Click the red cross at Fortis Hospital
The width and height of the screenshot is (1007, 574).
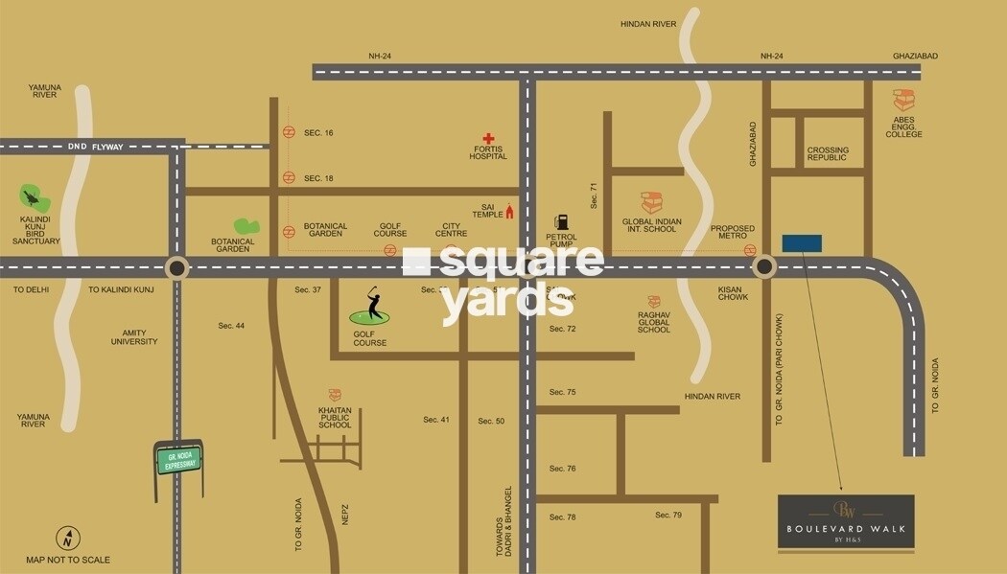click(x=488, y=139)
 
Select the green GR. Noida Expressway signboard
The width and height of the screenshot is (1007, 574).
click(x=178, y=460)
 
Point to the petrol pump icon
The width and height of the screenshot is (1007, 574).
click(x=561, y=222)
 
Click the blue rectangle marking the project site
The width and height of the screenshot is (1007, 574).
click(x=802, y=242)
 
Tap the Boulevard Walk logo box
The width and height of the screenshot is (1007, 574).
click(x=846, y=522)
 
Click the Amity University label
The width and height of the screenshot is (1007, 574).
click(x=133, y=337)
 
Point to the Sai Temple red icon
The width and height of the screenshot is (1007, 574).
click(x=509, y=212)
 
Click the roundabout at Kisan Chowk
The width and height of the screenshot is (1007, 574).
click(x=763, y=266)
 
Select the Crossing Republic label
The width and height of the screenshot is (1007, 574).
click(x=827, y=153)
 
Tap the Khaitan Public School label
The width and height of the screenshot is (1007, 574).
click(x=335, y=417)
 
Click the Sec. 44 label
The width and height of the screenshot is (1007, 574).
click(x=231, y=326)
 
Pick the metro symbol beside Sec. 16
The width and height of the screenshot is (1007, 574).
click(x=289, y=132)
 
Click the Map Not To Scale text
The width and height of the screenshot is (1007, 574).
click(x=68, y=560)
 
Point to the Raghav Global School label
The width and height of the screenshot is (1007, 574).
click(x=653, y=321)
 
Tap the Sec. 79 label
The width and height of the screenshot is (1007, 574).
click(x=668, y=516)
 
